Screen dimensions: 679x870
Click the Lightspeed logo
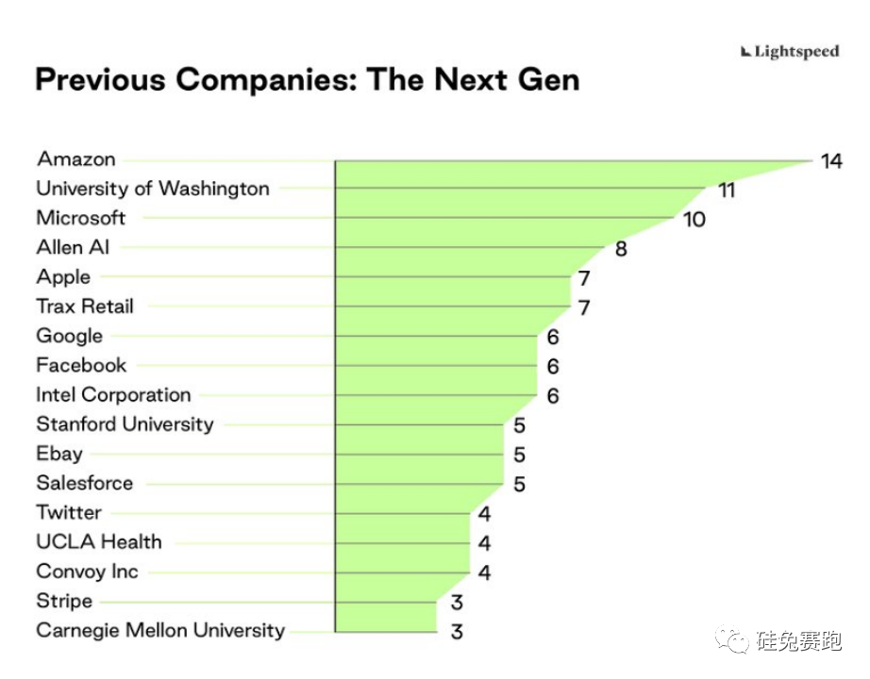790,52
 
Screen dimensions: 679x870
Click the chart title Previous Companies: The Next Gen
307,79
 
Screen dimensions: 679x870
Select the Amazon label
75,159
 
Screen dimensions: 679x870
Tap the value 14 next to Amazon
830,161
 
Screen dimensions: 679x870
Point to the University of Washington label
153,189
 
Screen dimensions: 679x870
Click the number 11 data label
726,190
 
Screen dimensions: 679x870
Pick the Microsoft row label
81,218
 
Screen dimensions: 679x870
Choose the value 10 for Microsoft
694,220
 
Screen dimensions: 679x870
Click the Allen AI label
74,247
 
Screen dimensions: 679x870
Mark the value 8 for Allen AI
621,249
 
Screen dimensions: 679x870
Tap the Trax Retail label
85,306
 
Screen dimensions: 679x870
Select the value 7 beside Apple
584,279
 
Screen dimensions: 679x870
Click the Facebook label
81,365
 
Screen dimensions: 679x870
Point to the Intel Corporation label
113,394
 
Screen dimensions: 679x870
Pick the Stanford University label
125,424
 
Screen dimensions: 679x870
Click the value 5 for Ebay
519,455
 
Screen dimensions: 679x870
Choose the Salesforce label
85,483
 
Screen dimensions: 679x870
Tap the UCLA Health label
99,542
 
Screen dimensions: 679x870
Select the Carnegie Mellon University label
160,630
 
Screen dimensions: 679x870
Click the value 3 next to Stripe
457,603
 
